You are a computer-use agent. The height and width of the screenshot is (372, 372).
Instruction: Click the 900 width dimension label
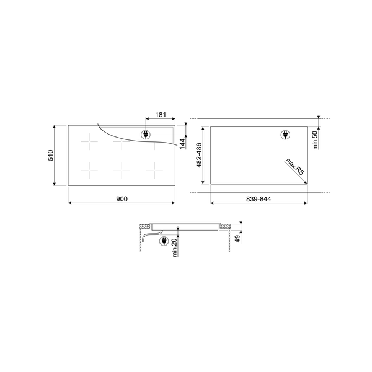(x=121, y=198)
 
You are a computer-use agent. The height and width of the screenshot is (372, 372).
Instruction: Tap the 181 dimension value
(x=160, y=115)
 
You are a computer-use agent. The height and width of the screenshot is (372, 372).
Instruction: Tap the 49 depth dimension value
(x=237, y=239)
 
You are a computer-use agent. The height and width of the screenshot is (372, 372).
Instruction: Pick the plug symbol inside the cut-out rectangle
(x=286, y=135)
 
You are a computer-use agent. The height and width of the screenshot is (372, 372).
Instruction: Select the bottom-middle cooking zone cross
(x=122, y=169)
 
